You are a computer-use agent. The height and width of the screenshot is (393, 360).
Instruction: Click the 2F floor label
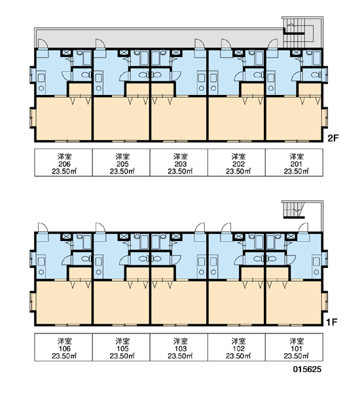(x=333, y=138)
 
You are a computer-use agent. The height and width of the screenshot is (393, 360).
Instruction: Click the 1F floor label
(x=333, y=322)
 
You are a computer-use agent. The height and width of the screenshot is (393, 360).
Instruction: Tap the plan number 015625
(x=307, y=369)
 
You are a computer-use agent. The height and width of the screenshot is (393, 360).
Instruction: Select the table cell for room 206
(x=63, y=162)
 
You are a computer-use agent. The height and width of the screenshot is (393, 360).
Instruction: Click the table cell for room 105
(x=121, y=347)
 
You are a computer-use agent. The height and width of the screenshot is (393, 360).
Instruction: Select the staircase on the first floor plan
(x=295, y=210)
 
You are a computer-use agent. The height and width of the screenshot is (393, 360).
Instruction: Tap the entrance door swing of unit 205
(x=100, y=43)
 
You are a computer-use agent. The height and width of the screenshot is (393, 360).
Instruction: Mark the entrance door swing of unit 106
(x=43, y=227)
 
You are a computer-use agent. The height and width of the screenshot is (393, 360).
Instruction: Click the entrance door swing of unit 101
(x=303, y=227)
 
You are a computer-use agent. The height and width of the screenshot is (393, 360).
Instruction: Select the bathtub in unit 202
(x=259, y=58)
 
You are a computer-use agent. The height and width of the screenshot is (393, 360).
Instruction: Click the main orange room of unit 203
(x=179, y=119)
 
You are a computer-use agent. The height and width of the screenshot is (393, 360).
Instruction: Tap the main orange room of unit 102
(x=236, y=303)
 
